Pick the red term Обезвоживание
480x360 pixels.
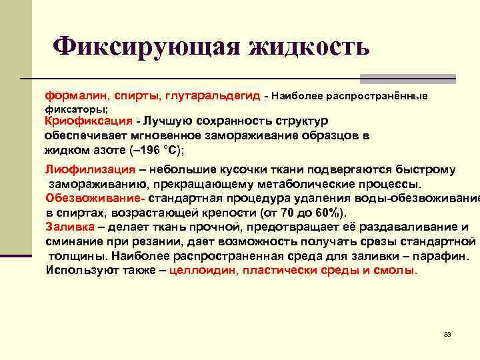click(x=95, y=198)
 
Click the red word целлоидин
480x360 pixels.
click(x=203, y=270)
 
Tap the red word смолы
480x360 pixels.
click(x=397, y=270)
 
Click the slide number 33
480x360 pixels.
click(x=447, y=334)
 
